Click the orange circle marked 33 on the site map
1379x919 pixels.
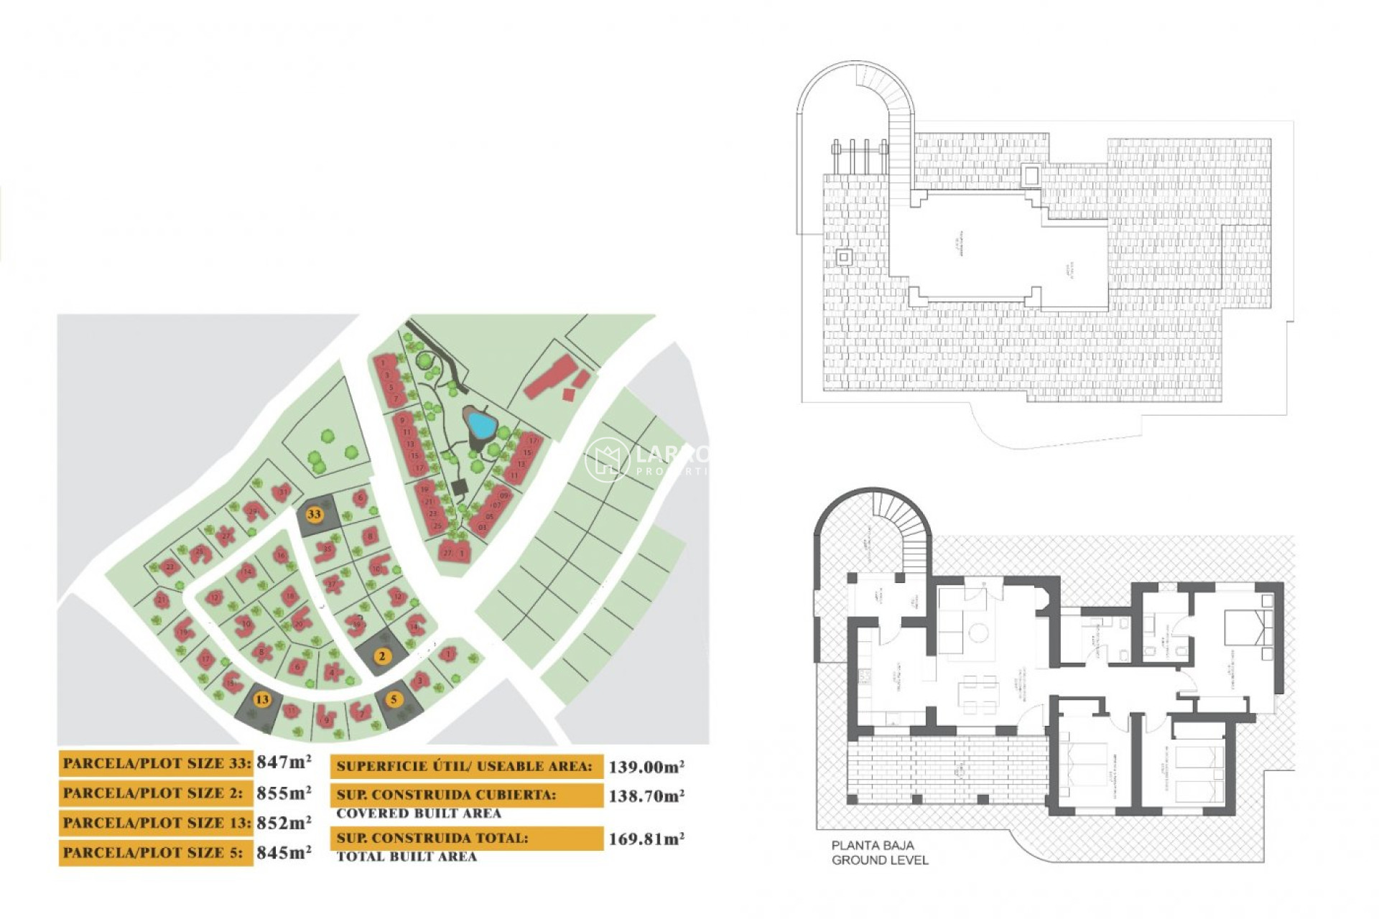pos(314,514)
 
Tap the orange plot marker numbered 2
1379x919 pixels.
pos(382,656)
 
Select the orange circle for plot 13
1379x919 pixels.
pos(262,699)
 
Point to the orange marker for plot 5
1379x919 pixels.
pos(393,699)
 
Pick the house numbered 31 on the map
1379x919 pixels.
pos(282,493)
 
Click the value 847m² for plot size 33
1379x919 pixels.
pos(284,762)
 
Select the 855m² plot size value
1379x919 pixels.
pos(284,793)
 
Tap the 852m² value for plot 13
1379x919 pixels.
pos(284,823)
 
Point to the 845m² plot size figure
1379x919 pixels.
pos(284,853)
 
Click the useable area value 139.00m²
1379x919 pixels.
pos(646,767)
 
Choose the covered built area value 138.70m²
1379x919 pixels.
pos(646,796)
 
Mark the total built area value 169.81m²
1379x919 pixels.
pos(646,839)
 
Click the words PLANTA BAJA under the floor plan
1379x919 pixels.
pos(872,846)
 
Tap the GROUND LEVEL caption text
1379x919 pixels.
pos(880,860)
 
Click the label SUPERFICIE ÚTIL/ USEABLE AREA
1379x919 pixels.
pos(465,766)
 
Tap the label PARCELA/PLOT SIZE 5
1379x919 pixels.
pos(153,853)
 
